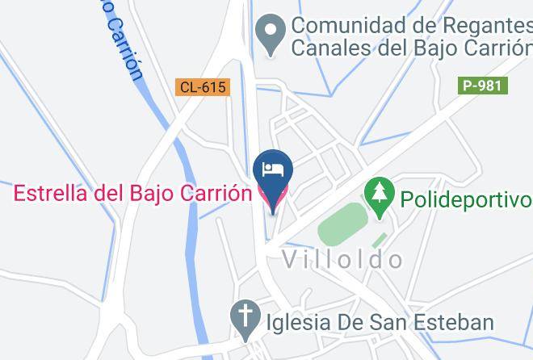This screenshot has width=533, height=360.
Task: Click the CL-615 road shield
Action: pyautogui.click(x=203, y=87)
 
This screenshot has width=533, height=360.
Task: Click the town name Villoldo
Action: pyautogui.click(x=342, y=259)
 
